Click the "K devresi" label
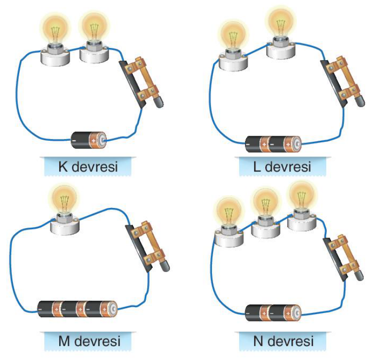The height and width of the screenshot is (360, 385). point(88,166)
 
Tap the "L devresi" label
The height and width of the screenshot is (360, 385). point(282,166)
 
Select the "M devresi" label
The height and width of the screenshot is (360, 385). point(89,341)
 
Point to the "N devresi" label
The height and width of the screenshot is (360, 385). point(283,341)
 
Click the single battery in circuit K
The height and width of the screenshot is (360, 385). point(89,140)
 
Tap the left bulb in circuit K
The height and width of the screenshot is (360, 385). point(55,40)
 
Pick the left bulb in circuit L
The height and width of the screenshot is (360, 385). point(233,45)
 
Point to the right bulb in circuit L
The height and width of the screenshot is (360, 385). point(281,33)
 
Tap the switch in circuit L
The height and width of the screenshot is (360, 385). point(342,81)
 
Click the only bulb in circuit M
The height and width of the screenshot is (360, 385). point(65,210)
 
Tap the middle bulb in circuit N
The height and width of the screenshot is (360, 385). point(266,213)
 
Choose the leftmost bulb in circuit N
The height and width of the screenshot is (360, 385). point(229,221)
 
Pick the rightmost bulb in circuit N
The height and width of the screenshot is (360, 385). point(301,205)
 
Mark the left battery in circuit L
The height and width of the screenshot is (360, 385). point(257,144)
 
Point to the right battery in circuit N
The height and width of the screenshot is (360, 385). point(286,313)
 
